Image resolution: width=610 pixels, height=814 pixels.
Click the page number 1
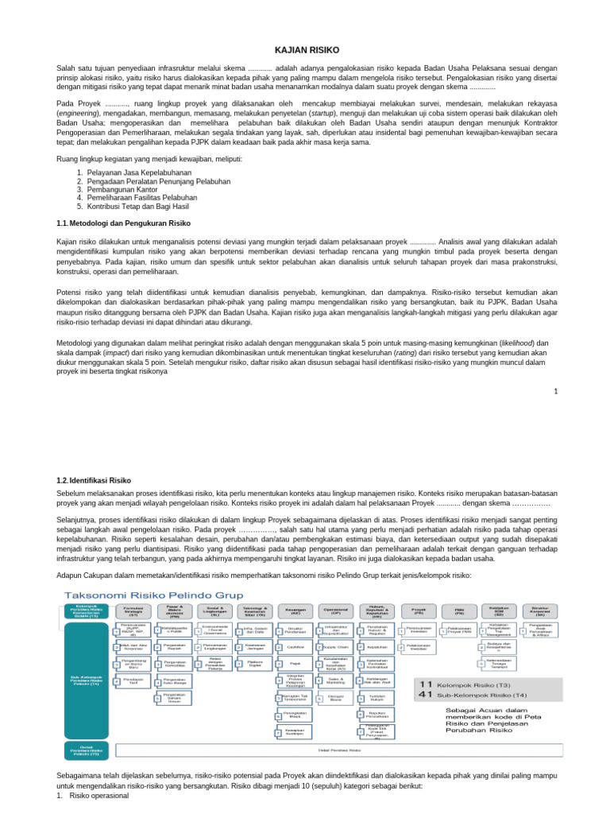(x=557, y=391)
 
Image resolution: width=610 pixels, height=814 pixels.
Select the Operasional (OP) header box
(x=336, y=611)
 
